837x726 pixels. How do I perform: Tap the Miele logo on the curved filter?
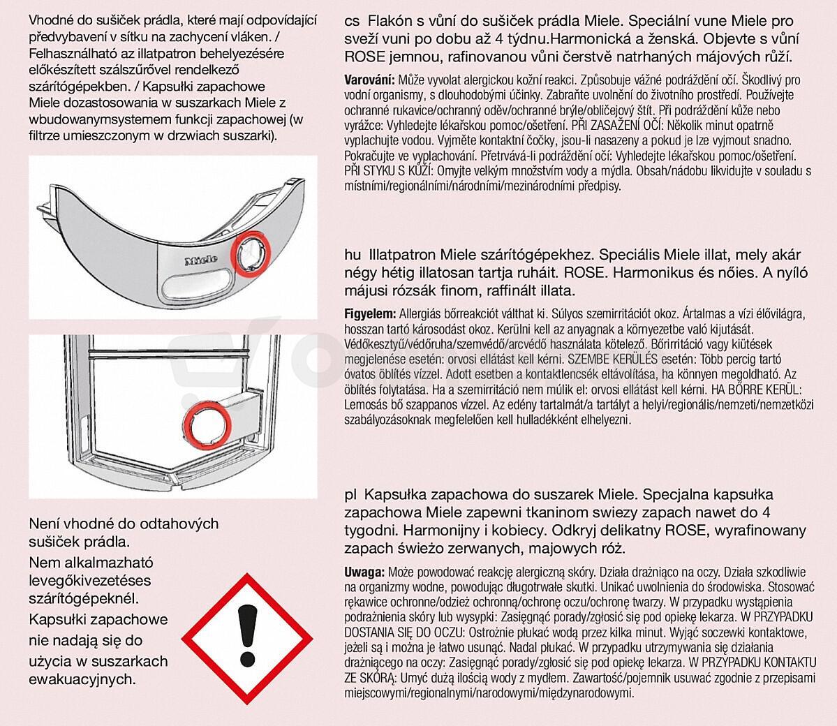click(x=201, y=260)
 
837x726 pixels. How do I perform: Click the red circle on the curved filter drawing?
click(x=249, y=253)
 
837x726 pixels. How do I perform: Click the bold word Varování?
click(x=369, y=80)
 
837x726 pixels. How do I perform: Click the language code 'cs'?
click(x=352, y=22)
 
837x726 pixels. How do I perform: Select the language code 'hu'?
click(x=352, y=255)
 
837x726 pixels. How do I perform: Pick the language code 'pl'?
click(x=350, y=495)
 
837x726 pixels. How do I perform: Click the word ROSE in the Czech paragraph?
click(x=363, y=57)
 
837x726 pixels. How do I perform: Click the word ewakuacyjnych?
click(x=82, y=679)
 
